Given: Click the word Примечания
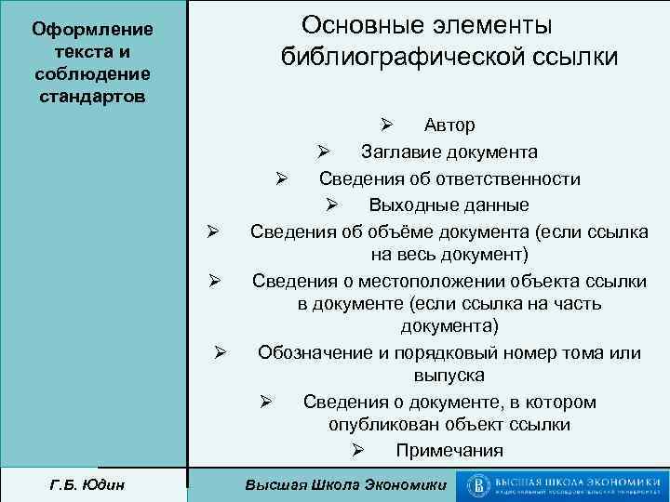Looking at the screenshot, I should click(449, 451).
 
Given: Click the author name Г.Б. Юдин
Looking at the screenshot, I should click(92, 484).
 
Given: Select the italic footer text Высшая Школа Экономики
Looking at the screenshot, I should click(344, 485).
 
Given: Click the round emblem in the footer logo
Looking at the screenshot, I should click(479, 484).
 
